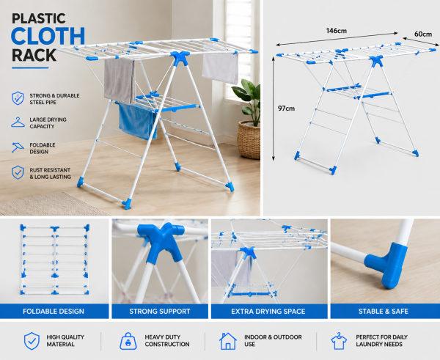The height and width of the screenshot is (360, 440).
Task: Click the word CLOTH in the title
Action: [48, 36]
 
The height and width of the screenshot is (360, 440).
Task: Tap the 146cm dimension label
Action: [336, 31]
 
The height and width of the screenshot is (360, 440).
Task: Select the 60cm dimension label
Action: [423, 34]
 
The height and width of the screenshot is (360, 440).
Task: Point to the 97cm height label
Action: [286, 109]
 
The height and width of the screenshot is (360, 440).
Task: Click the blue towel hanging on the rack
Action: [137, 121]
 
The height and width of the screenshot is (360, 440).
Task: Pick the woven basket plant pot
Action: [249, 139]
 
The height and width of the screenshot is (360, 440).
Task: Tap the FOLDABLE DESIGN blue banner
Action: [54, 311]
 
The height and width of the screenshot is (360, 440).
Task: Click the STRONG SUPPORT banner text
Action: [160, 311]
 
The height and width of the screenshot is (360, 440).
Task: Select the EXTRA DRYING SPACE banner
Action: [269, 311]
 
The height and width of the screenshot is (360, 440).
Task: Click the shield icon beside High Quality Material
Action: [32, 341]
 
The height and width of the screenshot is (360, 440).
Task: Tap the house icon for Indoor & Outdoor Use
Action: [228, 341]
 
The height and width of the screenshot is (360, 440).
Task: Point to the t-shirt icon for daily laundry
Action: [339, 341]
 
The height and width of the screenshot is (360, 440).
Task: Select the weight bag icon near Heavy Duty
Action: [128, 341]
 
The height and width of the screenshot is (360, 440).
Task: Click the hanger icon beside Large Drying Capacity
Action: [18, 122]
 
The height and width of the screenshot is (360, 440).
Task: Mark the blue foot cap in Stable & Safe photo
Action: [386, 265]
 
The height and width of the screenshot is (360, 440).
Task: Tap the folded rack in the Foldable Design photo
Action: [55, 260]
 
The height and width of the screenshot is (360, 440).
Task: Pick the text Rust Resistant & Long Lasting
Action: [50, 174]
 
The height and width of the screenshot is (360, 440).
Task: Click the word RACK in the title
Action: [34, 55]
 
